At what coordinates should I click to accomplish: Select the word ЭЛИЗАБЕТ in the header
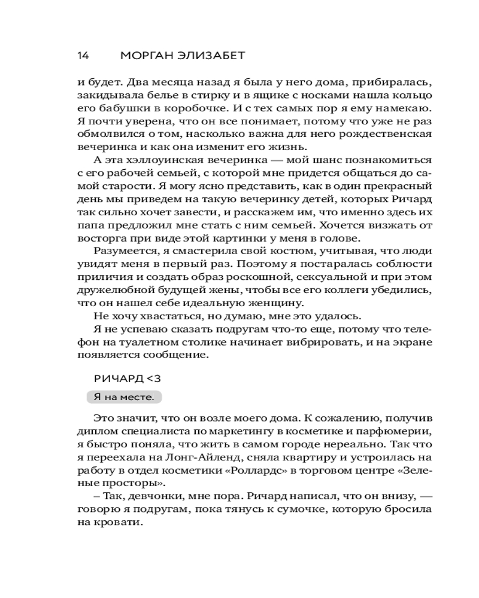(x=207, y=56)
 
